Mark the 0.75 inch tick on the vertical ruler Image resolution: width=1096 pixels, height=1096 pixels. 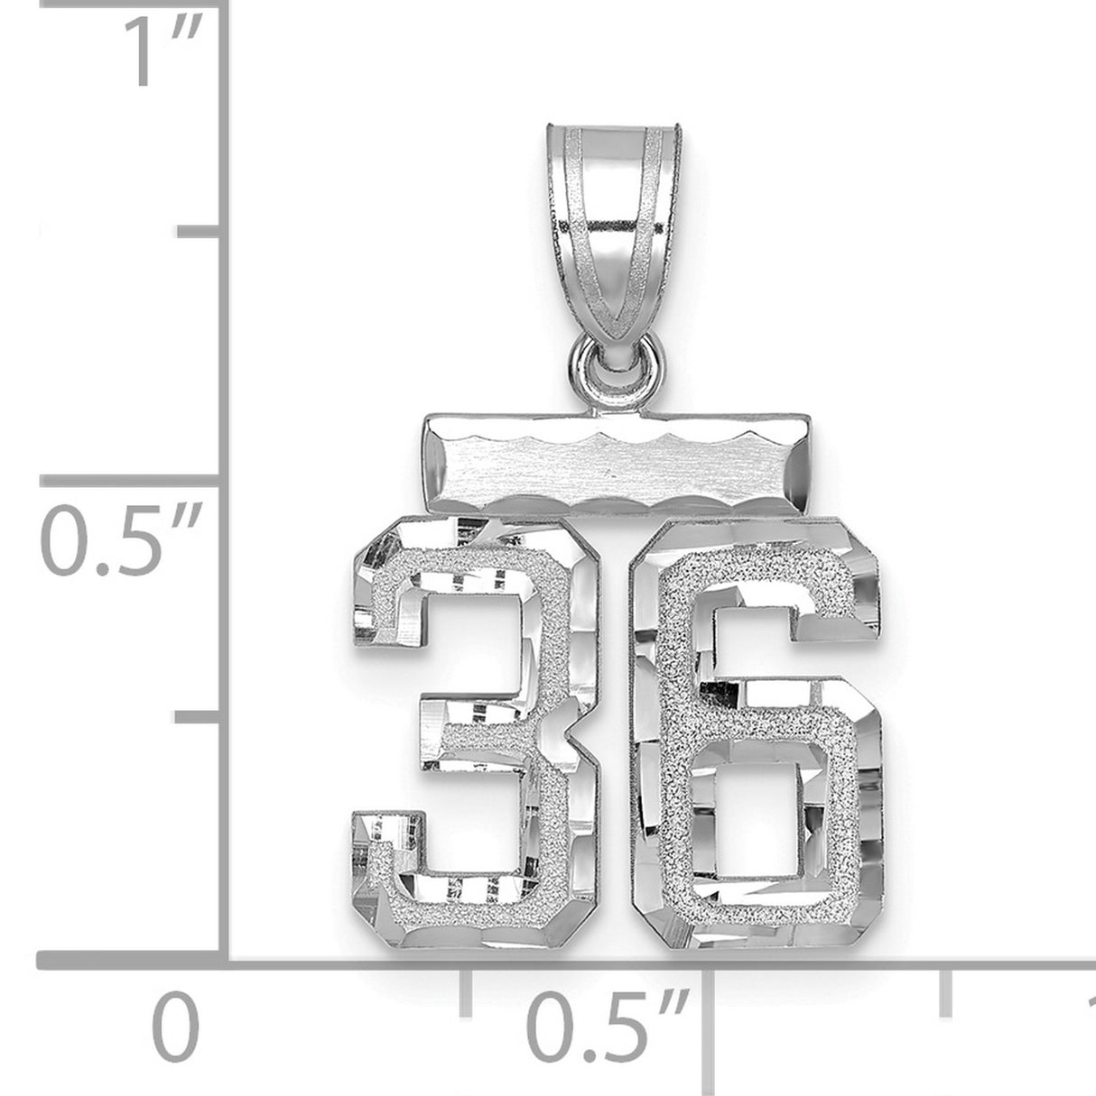pyautogui.click(x=200, y=233)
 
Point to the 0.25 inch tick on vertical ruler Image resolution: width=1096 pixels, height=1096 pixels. pyautogui.click(x=200, y=717)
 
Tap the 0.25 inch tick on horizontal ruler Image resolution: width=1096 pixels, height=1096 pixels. pyautogui.click(x=466, y=992)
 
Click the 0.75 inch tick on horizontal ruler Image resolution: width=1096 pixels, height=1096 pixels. pyautogui.click(x=946, y=992)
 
